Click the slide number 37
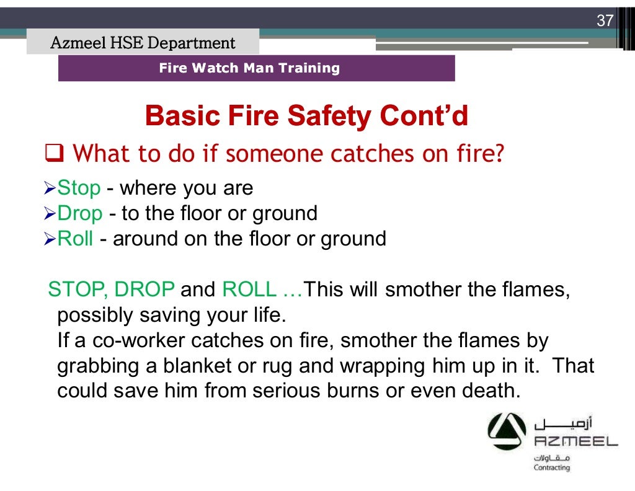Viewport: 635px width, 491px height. pyautogui.click(x=604, y=20)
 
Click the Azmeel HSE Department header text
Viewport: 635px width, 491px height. pyautogui.click(x=143, y=43)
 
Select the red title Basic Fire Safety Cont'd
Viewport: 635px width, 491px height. pyautogui.click(x=306, y=117)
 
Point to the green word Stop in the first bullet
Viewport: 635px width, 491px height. pyautogui.click(x=79, y=188)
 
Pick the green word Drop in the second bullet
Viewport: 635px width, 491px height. pyautogui.click(x=80, y=214)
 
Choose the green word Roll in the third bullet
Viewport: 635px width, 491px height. pyautogui.click(x=76, y=239)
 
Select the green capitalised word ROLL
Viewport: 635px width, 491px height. pyautogui.click(x=247, y=290)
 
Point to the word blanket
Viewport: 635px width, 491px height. pyautogui.click(x=193, y=366)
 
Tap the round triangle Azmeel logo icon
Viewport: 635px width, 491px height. pyautogui.click(x=506, y=433)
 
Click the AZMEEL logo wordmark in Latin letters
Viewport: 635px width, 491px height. pyautogui.click(x=575, y=441)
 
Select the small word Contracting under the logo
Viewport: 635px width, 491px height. pyautogui.click(x=551, y=467)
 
